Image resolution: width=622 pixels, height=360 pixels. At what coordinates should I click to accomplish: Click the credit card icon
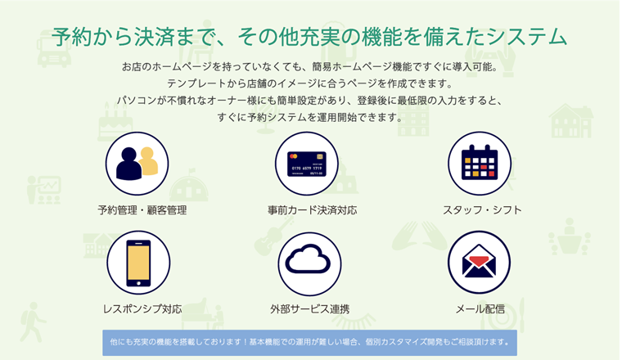307,164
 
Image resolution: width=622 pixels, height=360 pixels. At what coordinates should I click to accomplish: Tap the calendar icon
480,163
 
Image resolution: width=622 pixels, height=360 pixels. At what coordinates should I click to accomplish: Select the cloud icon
308,259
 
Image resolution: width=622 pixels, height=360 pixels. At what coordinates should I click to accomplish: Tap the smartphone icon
138,263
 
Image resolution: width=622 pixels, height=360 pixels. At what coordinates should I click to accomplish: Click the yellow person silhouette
149,161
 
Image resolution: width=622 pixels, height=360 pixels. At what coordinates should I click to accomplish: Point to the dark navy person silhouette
128,164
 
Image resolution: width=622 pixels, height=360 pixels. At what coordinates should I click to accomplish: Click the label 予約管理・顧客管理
142,210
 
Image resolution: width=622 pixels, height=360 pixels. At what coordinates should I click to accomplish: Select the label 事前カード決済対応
312,210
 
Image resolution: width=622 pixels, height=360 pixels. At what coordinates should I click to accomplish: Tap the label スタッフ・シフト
482,210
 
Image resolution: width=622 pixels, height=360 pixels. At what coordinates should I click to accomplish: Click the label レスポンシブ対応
142,308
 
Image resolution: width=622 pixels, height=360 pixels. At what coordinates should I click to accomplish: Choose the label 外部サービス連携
310,308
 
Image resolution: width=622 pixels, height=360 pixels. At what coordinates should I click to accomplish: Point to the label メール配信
480,308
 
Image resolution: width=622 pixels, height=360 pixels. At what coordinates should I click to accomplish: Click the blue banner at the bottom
309,343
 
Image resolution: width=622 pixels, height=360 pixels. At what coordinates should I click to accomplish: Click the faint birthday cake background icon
115,122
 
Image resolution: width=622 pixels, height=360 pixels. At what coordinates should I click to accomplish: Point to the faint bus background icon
53,48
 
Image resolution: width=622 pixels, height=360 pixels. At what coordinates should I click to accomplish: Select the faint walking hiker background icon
32,322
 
